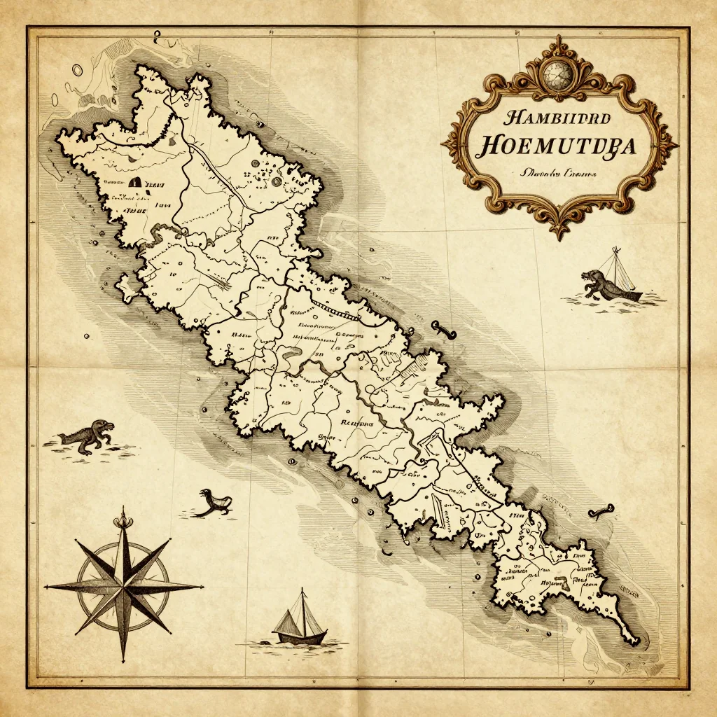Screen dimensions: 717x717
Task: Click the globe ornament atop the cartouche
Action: point(558,71)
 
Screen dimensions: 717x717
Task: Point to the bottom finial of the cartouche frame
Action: point(558,229)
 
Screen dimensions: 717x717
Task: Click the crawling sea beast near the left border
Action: point(88,436)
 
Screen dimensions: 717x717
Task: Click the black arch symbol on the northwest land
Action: point(136,182)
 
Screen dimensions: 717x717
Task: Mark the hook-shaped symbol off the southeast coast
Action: point(601,510)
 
